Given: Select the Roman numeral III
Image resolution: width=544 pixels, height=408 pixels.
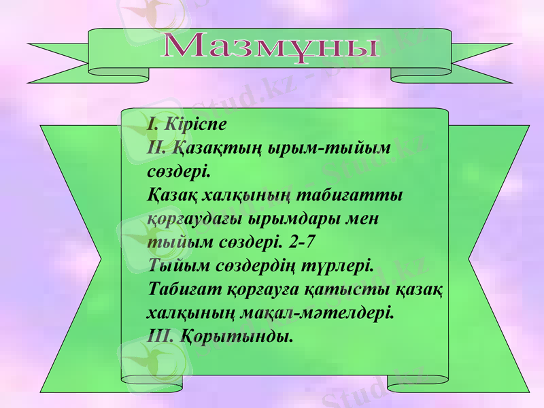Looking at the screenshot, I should (x=160, y=336).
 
